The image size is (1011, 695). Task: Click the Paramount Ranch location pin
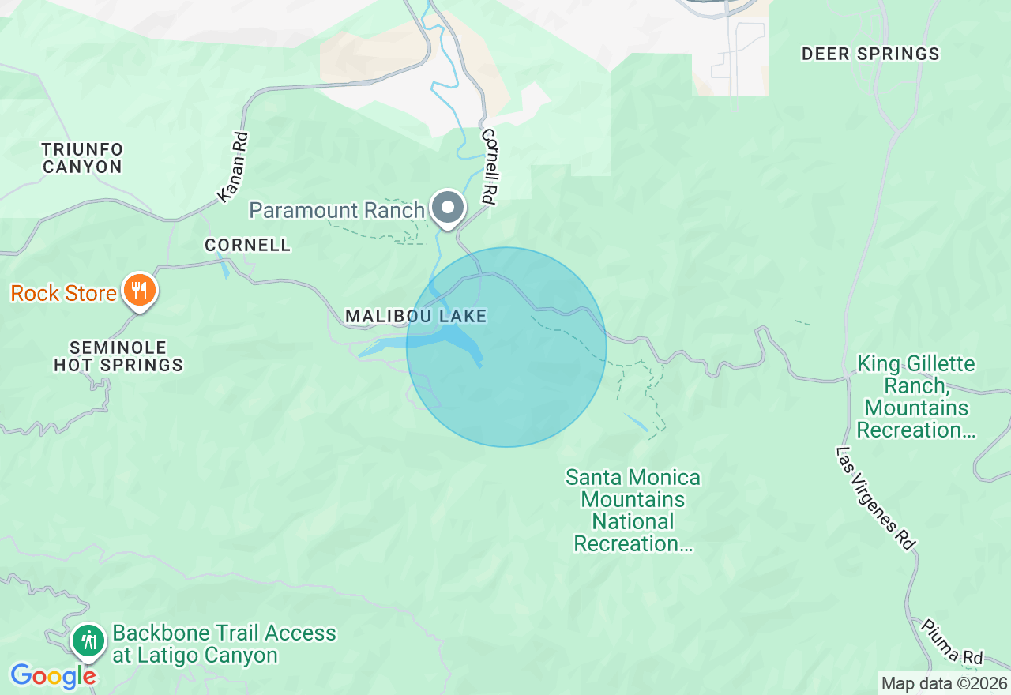pyautogui.click(x=449, y=208)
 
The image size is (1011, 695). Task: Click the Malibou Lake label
pyautogui.click(x=415, y=316)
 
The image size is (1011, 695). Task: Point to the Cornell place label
pyautogui.click(x=247, y=245)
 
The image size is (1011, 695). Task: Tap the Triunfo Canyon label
pyautogui.click(x=82, y=158)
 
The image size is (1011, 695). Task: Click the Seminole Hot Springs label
pyautogui.click(x=118, y=356)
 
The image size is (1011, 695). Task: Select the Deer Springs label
pyautogui.click(x=870, y=54)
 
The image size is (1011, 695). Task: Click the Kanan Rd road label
pyautogui.click(x=233, y=167)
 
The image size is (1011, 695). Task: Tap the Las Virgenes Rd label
pyautogui.click(x=876, y=498)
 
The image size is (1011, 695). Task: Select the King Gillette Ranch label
pyautogui.click(x=916, y=396)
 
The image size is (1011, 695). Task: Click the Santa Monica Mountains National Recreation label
pyautogui.click(x=633, y=510)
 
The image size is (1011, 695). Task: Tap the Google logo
pyautogui.click(x=53, y=676)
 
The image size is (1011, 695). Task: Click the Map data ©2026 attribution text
pyautogui.click(x=944, y=683)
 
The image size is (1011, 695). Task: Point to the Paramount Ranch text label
pyautogui.click(x=337, y=210)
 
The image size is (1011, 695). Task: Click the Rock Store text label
pyautogui.click(x=63, y=293)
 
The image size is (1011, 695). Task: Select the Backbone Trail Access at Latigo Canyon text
pyautogui.click(x=224, y=644)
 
